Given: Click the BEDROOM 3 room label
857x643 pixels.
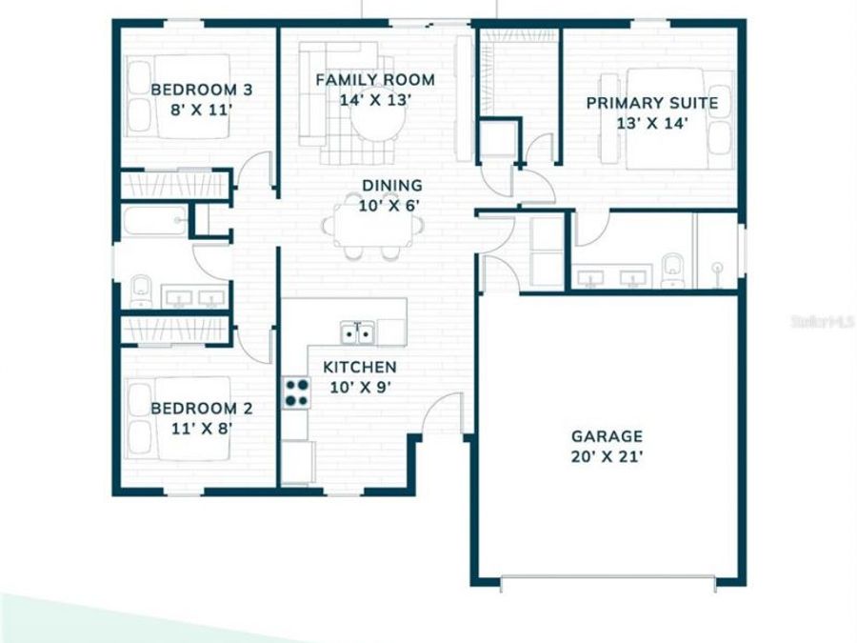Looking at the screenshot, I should [201, 90].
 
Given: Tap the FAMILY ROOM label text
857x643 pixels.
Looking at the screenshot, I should [375, 80].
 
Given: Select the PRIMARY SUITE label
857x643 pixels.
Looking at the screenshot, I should [651, 104].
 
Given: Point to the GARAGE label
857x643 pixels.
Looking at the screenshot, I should [607, 436].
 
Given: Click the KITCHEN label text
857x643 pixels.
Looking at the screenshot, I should [359, 368].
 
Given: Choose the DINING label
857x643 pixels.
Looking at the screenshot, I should [391, 186].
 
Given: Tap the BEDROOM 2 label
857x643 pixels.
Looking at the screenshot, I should [201, 409].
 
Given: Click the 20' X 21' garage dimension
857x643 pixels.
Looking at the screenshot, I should [607, 456].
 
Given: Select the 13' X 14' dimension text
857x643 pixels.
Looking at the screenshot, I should [651, 123].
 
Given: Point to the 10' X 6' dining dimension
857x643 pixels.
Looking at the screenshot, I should [391, 205].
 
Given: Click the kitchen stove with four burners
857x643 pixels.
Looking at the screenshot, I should [296, 392].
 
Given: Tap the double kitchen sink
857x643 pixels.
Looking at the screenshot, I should [358, 332].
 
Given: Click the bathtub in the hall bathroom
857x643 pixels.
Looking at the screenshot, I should [155, 222].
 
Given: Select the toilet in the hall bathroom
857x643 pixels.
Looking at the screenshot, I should [141, 288].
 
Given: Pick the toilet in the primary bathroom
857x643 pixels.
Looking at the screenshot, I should [672, 269].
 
